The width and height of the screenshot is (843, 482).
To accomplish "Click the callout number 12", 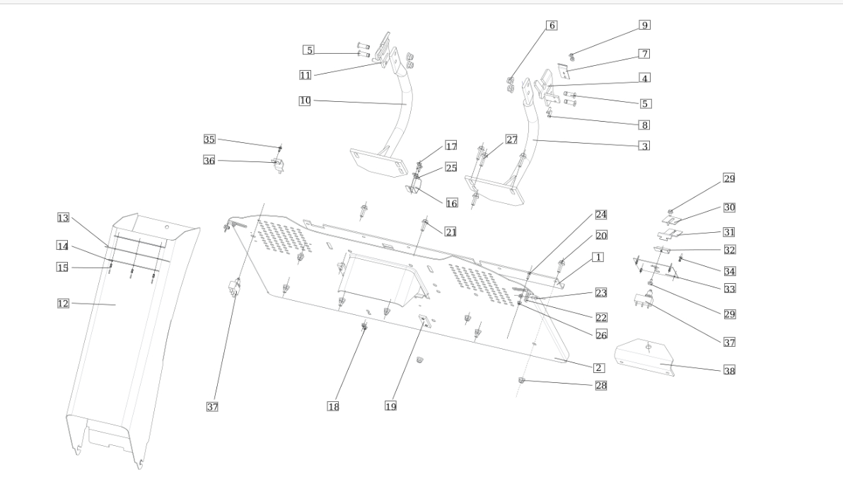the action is point(63,304).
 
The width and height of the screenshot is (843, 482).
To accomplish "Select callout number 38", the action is point(729,370).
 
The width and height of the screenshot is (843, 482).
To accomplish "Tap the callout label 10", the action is point(305,101).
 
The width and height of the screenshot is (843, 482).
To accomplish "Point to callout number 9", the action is point(644,25).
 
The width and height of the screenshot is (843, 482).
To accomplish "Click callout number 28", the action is point(601,385).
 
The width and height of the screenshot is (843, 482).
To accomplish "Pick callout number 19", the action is point(391,406).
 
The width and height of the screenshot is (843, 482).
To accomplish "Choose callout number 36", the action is point(209,160).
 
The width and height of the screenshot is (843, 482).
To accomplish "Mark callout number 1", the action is point(598,257).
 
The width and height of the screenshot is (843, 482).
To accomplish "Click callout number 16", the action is point(452,203).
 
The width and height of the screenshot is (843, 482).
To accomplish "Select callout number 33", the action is point(730,289).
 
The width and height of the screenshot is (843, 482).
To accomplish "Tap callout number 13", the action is point(63,217).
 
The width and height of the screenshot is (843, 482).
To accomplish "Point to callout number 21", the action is point(450,232).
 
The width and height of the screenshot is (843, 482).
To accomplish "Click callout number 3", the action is point(644,146).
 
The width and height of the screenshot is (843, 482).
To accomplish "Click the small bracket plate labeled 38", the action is point(644,357).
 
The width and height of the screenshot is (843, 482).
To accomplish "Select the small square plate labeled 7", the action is point(564,71).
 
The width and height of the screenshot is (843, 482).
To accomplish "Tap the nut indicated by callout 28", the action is point(521,381).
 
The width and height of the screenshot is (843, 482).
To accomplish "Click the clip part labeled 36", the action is point(279,166).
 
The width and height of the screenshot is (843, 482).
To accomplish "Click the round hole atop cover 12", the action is point(167,227).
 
